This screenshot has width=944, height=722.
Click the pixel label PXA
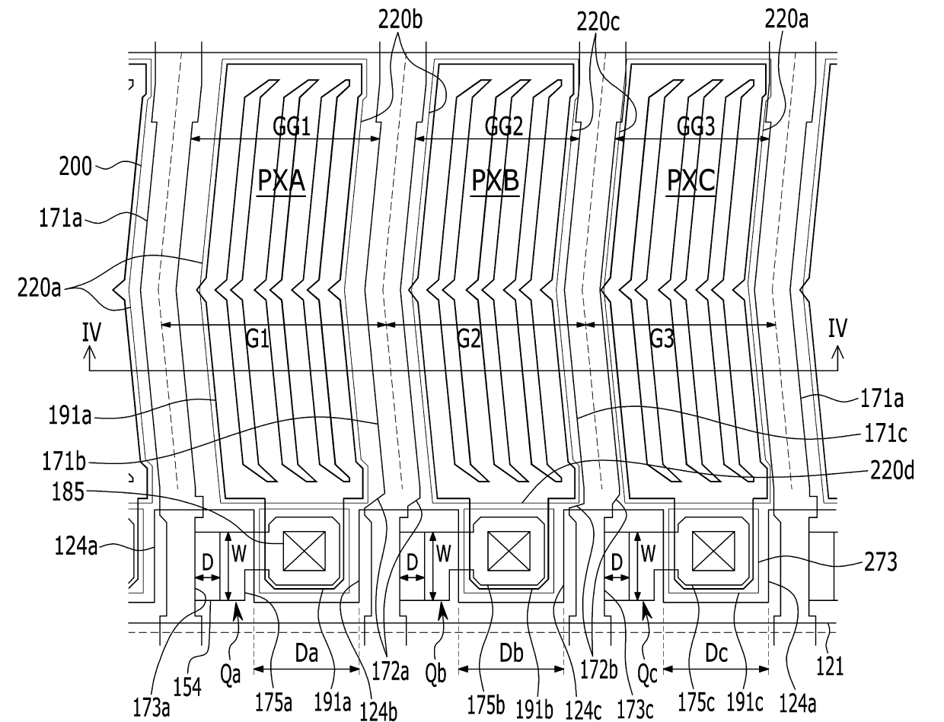click(x=281, y=180)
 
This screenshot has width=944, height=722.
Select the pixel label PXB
click(x=495, y=180)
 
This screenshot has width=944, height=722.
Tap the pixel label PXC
click(x=690, y=180)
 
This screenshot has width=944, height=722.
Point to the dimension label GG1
click(x=292, y=127)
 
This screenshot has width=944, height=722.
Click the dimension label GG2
click(x=504, y=127)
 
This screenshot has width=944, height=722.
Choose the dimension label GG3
click(x=696, y=127)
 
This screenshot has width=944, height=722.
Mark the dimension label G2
click(x=468, y=339)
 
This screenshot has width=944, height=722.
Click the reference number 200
click(x=75, y=167)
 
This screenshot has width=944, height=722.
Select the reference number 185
click(x=68, y=491)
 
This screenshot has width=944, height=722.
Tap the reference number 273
click(x=881, y=562)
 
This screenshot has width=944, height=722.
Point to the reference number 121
click(x=830, y=666)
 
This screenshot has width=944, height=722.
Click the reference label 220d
click(x=892, y=470)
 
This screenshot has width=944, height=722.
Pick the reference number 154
click(x=187, y=687)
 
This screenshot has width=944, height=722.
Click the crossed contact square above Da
click(x=304, y=552)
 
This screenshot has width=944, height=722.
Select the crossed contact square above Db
click(x=509, y=552)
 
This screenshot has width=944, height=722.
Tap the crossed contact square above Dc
click(x=713, y=552)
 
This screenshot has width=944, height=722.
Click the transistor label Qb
click(x=435, y=674)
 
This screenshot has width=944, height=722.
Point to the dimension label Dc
click(x=716, y=654)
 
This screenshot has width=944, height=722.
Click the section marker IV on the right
click(x=837, y=328)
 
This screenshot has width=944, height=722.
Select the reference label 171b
click(x=64, y=462)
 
